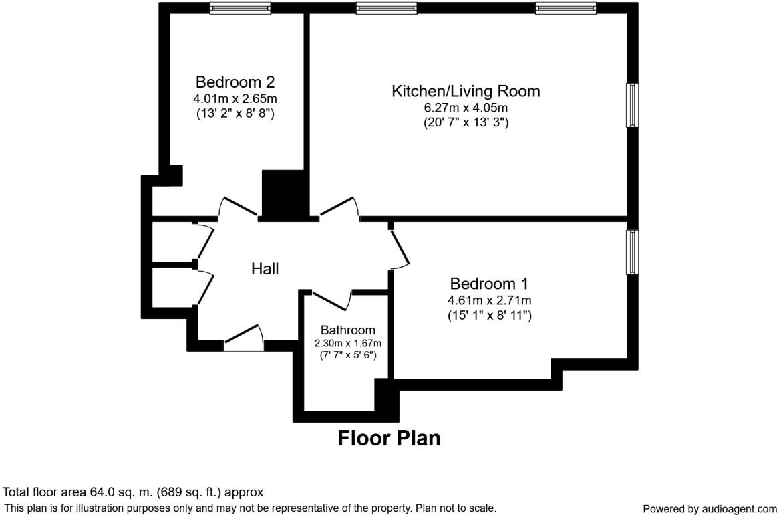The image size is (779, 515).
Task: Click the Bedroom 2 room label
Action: tap(235, 82)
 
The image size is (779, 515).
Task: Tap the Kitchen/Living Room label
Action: tap(466, 91)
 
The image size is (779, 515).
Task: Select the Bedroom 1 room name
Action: tap(489, 284)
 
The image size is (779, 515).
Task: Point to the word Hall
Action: tap(265, 269)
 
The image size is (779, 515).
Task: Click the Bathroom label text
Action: tap(347, 330)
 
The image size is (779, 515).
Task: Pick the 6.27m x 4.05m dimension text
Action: tap(466, 108)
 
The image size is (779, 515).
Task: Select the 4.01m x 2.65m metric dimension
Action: tap(235, 99)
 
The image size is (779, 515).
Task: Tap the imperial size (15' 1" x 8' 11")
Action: tap(489, 315)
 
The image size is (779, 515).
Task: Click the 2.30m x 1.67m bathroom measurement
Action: tap(347, 343)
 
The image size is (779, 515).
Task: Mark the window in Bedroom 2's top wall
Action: tap(240, 8)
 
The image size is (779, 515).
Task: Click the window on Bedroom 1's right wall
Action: tap(632, 252)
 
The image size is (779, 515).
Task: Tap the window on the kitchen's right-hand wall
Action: tap(632, 105)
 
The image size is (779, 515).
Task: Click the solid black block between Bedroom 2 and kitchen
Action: tap(284, 194)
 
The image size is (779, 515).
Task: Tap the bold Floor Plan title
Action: tap(389, 438)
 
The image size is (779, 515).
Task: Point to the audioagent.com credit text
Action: tap(710, 509)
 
